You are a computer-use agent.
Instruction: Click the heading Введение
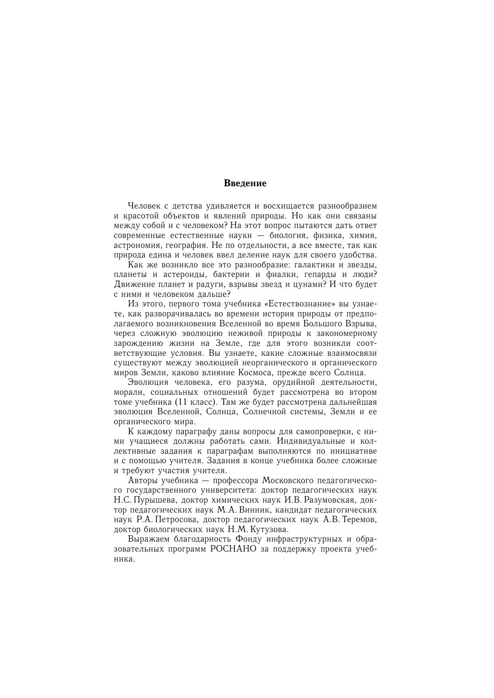tap(245, 183)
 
